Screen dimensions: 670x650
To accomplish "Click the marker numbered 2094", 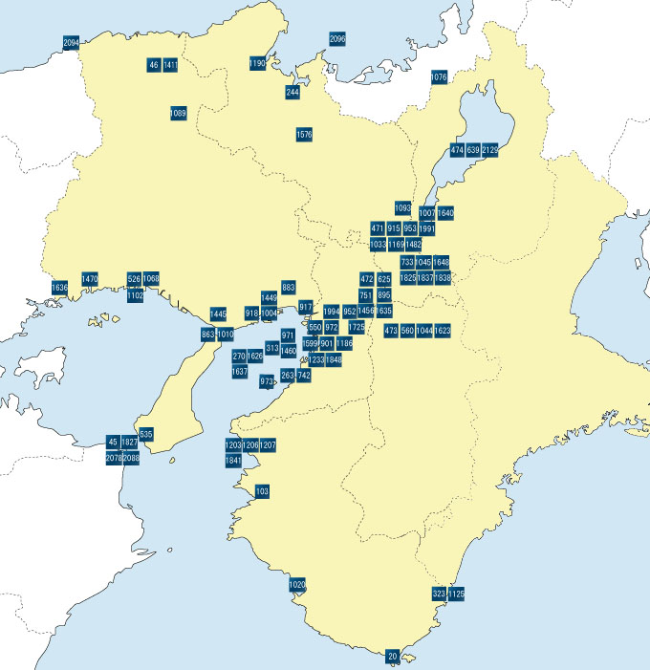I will click(71, 44).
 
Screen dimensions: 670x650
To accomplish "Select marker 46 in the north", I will click(154, 65).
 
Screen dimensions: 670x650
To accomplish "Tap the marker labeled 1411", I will click(170, 65).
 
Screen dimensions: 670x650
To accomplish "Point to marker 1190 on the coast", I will click(257, 63).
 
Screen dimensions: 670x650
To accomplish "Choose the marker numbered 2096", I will click(337, 39).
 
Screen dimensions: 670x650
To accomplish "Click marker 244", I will click(292, 93).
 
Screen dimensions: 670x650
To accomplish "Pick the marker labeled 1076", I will click(440, 76).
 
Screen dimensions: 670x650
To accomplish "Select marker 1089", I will click(178, 113).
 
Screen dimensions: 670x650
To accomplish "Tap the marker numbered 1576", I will click(304, 135).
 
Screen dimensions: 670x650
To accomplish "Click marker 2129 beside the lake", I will click(490, 150).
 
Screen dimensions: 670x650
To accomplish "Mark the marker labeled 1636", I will click(59, 288).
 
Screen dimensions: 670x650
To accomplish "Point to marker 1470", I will click(90, 279).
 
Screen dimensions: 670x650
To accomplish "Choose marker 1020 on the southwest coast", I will click(297, 585).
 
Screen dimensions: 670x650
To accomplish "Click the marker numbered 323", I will click(440, 594).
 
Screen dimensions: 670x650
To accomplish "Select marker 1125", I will click(456, 594).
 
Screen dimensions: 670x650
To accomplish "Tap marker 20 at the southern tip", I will click(393, 657).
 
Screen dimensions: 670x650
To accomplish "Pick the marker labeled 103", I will click(263, 491).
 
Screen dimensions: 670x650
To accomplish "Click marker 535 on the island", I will click(146, 435).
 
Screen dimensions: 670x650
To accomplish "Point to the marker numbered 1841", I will click(233, 461).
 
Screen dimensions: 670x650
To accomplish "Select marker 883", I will click(289, 287).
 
